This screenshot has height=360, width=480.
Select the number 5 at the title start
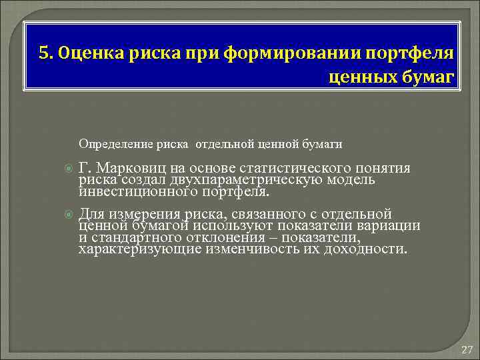click(x=43, y=53)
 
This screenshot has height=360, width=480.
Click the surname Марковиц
click(x=130, y=168)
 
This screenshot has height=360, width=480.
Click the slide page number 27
click(x=466, y=349)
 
